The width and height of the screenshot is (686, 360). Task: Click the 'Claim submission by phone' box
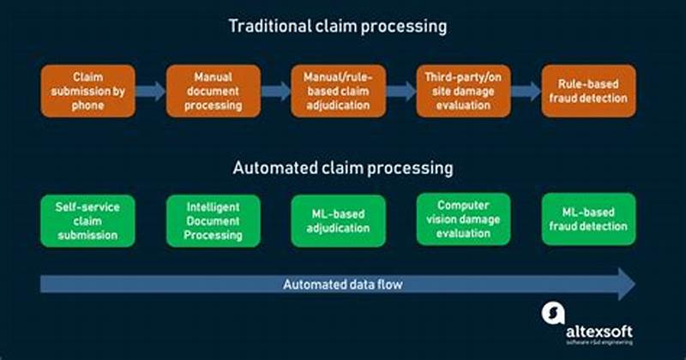click(x=87, y=91)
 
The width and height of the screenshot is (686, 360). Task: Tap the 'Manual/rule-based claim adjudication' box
click(x=338, y=91)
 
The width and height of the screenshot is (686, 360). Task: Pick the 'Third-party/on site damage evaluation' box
click(x=463, y=91)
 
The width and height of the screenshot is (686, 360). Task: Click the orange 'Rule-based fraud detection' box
click(x=589, y=91)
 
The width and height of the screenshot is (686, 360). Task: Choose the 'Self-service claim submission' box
click(x=87, y=220)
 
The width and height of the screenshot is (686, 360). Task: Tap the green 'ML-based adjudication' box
click(x=338, y=220)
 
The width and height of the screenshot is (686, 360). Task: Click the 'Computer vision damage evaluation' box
click(x=463, y=219)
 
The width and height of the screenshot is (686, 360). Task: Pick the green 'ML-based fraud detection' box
click(x=589, y=219)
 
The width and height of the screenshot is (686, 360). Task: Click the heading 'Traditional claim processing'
click(x=337, y=26)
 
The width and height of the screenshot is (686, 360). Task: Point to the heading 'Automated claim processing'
click(x=343, y=168)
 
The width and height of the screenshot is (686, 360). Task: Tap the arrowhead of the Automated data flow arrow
click(x=624, y=283)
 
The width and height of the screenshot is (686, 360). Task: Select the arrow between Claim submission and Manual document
click(x=149, y=91)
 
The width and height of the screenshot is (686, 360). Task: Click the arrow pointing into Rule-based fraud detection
click(x=526, y=91)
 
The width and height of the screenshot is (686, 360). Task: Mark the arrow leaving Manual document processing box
click(x=274, y=91)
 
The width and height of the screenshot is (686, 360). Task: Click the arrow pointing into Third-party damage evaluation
click(x=400, y=91)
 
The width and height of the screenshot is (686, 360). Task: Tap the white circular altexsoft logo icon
click(x=553, y=314)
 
